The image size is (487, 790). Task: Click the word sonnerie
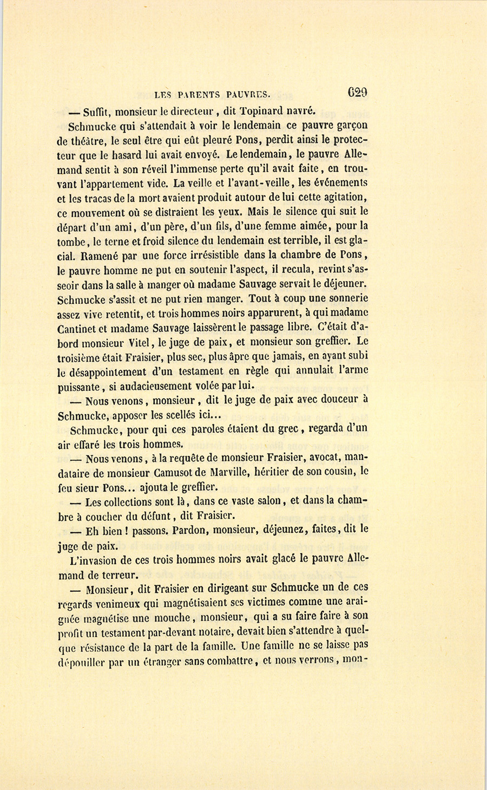coord(345,298)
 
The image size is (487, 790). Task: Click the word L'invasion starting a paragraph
coord(94,559)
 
